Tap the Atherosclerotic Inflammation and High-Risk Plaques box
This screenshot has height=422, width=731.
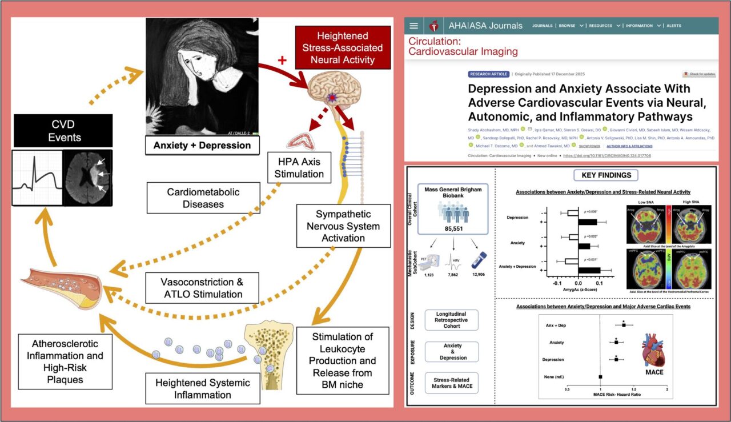point(57,361)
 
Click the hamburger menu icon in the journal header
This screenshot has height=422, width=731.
point(414,26)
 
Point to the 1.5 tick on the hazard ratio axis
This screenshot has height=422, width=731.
point(634,389)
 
